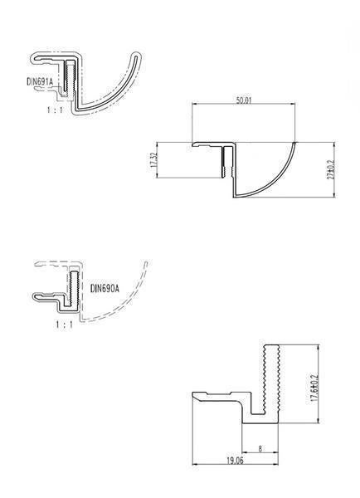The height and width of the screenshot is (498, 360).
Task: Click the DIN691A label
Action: point(39,81)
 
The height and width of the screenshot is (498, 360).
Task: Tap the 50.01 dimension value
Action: point(243,100)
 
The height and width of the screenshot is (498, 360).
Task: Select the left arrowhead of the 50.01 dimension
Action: point(194,105)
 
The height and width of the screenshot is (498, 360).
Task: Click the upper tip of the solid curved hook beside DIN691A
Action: point(137,56)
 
